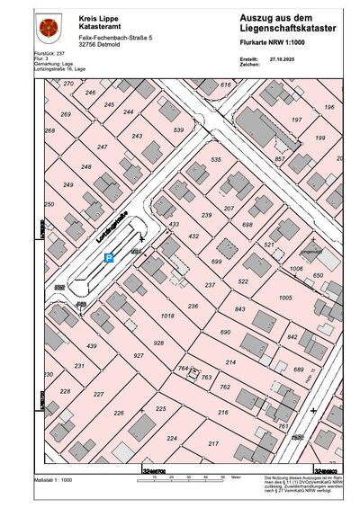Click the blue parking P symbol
coord(109,258)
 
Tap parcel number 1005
coord(286,298)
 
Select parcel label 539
coord(178,130)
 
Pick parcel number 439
coord(91,346)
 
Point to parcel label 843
coord(239,309)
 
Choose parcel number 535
coord(216,159)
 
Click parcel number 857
coord(280,158)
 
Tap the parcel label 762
coord(224,388)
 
